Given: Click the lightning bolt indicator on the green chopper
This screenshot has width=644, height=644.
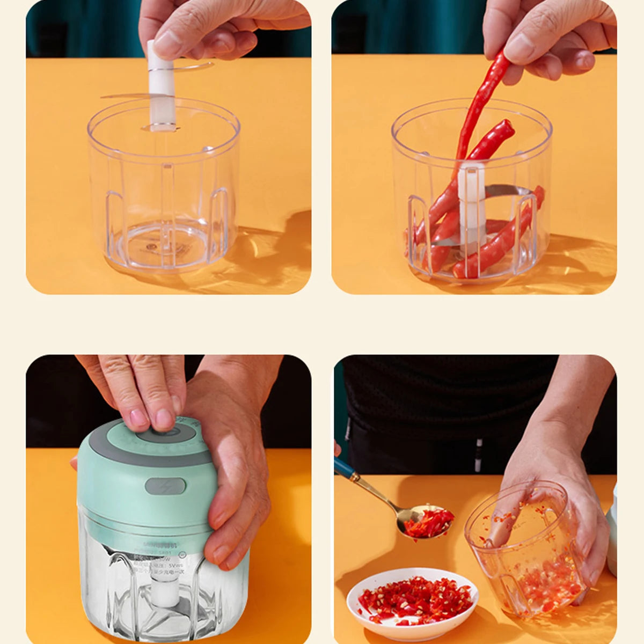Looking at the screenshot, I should click(x=165, y=487).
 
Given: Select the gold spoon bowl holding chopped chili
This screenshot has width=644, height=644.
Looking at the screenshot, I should click(x=427, y=522).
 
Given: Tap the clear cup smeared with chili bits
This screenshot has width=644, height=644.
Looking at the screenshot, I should click(x=529, y=553).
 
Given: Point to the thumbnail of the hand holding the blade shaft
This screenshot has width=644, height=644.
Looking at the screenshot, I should click(x=170, y=40).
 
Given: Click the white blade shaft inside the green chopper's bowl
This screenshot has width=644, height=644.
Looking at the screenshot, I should click(x=163, y=590).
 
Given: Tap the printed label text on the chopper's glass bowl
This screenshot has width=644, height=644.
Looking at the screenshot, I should click(x=161, y=561).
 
